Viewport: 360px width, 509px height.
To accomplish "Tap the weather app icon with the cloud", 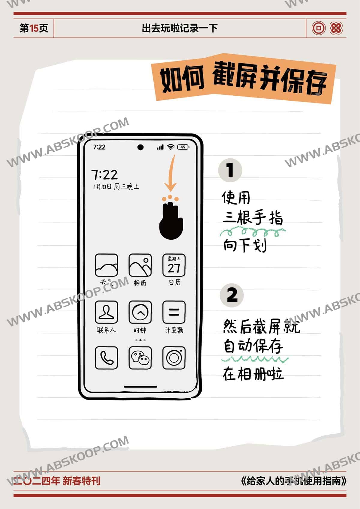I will click(x=106, y=265).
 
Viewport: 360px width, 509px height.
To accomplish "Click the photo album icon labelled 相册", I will click(x=140, y=265).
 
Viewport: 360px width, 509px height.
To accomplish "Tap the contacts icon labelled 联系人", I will click(x=106, y=312).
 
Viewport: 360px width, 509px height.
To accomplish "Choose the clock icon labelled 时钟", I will click(x=140, y=312).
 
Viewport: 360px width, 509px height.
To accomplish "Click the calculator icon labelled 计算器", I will click(x=174, y=312).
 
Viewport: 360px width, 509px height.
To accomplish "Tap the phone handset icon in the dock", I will click(x=106, y=358).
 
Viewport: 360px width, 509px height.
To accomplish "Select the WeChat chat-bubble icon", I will click(x=140, y=358).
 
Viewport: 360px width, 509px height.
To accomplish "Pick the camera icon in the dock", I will click(x=174, y=358).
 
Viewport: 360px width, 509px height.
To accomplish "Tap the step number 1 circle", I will click(x=230, y=170).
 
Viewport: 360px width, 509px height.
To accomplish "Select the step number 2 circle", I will click(x=232, y=295).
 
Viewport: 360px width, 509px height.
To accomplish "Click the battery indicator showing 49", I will click(x=183, y=147).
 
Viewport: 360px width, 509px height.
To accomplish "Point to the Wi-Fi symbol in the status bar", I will click(x=171, y=147).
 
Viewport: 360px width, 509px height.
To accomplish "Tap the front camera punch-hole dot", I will click(x=140, y=147).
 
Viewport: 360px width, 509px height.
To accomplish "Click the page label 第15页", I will click(x=34, y=28).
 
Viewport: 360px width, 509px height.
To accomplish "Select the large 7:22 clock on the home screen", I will click(x=104, y=175).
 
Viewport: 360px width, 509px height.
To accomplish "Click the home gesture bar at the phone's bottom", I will click(x=140, y=386).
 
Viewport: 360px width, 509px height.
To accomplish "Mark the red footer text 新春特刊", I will click(x=81, y=481).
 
